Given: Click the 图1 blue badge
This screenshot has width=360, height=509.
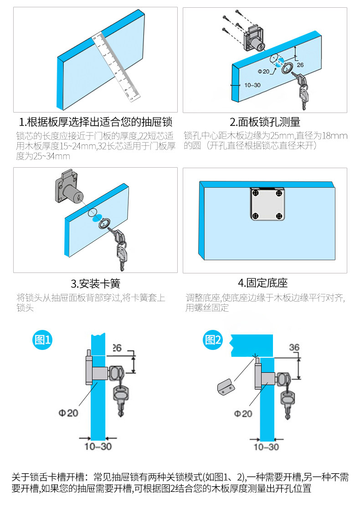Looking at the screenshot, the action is click(42, 340).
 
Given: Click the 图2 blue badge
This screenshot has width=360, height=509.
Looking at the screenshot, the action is click(213, 339).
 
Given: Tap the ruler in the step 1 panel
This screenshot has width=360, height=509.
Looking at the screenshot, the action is click(117, 67).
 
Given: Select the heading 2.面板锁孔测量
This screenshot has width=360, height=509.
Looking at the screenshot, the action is click(265, 122).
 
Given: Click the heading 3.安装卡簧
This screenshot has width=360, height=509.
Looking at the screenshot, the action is click(95, 283).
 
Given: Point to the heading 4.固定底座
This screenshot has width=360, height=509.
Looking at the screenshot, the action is click(262, 283).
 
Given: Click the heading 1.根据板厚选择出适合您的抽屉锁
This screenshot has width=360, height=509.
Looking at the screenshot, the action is click(95, 122).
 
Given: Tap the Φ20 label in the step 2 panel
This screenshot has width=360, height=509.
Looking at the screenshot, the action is click(263, 72).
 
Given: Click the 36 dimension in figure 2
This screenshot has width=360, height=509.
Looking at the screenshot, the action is click(294, 347).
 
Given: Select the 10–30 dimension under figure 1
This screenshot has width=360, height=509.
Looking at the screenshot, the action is click(98, 447).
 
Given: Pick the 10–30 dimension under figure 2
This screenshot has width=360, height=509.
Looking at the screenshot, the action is click(266, 447).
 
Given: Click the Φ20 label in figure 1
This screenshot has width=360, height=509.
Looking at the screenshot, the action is click(68, 413).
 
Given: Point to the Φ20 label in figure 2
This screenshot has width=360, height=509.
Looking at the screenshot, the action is click(243, 414).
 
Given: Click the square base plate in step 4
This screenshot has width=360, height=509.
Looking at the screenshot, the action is click(267, 204).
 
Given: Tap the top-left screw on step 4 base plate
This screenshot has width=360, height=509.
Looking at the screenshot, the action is click(256, 193).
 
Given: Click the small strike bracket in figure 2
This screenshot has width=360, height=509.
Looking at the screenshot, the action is click(226, 386).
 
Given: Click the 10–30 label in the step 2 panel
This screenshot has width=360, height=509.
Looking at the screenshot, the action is click(252, 85).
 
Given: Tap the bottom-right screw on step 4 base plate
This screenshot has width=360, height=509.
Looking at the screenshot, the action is click(279, 216).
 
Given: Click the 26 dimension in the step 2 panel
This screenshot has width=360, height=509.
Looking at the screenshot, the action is click(300, 65).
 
